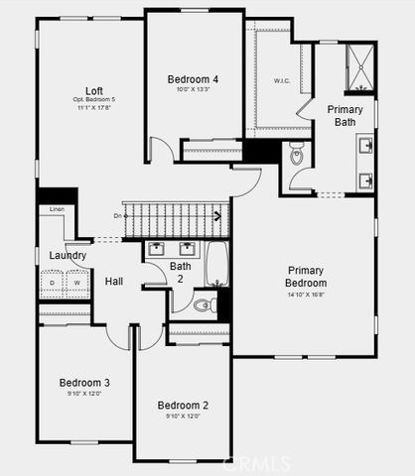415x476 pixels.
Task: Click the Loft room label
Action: pos(93,89)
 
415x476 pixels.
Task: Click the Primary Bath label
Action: pos(345,115)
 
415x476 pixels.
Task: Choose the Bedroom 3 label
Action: pos(84,383)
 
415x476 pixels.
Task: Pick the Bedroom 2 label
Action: pos(184,405)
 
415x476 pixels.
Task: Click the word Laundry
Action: pos(68,255)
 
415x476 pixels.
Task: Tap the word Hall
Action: pos(114,282)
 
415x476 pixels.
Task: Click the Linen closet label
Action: pos(57,209)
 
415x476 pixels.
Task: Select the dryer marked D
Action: pos(53,284)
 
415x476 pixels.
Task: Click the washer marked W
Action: pos(75,284)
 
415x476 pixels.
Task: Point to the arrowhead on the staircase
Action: pos(217,213)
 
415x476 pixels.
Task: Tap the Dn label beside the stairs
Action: pos(118,214)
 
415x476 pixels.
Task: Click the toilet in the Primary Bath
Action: pos(296,156)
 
